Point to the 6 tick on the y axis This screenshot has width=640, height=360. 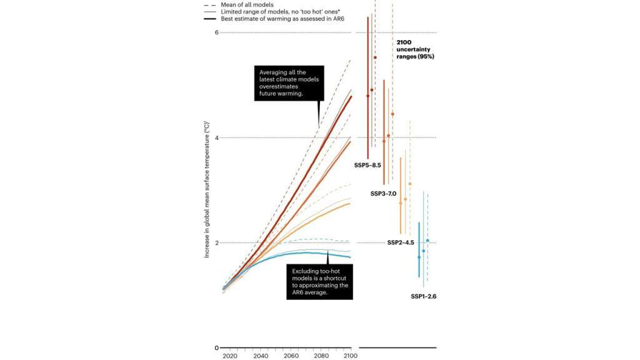[216, 32]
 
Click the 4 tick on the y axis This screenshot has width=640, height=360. [216, 137]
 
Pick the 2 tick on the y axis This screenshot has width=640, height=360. [216, 242]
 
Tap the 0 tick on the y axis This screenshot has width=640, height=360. [216, 348]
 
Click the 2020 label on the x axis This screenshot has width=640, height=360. [230, 356]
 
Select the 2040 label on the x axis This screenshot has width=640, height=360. [261, 356]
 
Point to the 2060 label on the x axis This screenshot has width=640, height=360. [291, 356]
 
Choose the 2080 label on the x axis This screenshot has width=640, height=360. [321, 356]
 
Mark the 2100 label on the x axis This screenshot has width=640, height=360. [350, 356]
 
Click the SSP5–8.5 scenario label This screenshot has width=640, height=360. [367, 165]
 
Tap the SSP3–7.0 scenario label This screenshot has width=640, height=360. [383, 194]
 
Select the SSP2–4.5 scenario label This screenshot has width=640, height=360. [401, 242]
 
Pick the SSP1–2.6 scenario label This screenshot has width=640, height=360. [423, 296]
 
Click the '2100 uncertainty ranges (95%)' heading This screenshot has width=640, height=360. [415, 49]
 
